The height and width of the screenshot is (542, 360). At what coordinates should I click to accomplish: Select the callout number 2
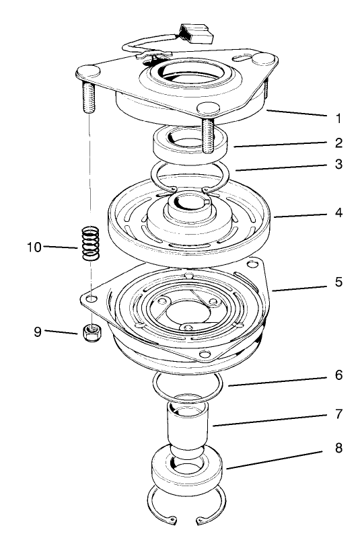[x=339, y=143]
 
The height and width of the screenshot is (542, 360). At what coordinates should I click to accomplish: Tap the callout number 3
[x=339, y=164]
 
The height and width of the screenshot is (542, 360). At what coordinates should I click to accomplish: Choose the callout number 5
[x=339, y=282]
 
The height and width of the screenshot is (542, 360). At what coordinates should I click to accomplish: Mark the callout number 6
[x=339, y=375]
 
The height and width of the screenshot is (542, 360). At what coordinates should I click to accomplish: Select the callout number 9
[x=38, y=330]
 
